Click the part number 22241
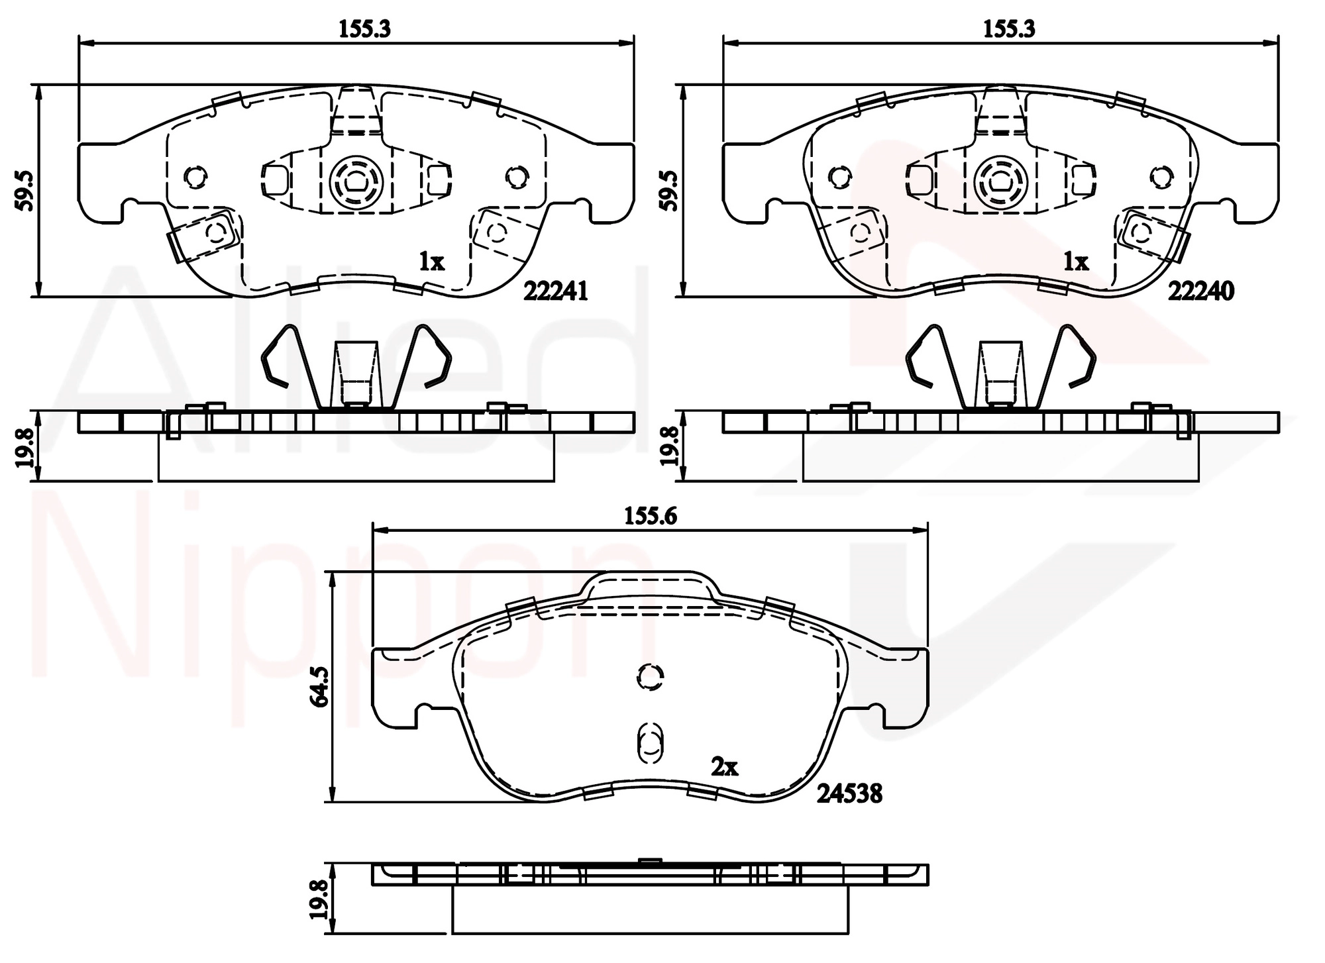[x=555, y=291]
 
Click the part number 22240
[x=1200, y=291]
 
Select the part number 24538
[x=849, y=793]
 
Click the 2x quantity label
[x=724, y=767]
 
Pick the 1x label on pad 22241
[x=431, y=262]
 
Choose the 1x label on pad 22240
[x=1076, y=262]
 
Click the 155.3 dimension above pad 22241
[x=364, y=29]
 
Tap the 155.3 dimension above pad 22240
[x=1009, y=29]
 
